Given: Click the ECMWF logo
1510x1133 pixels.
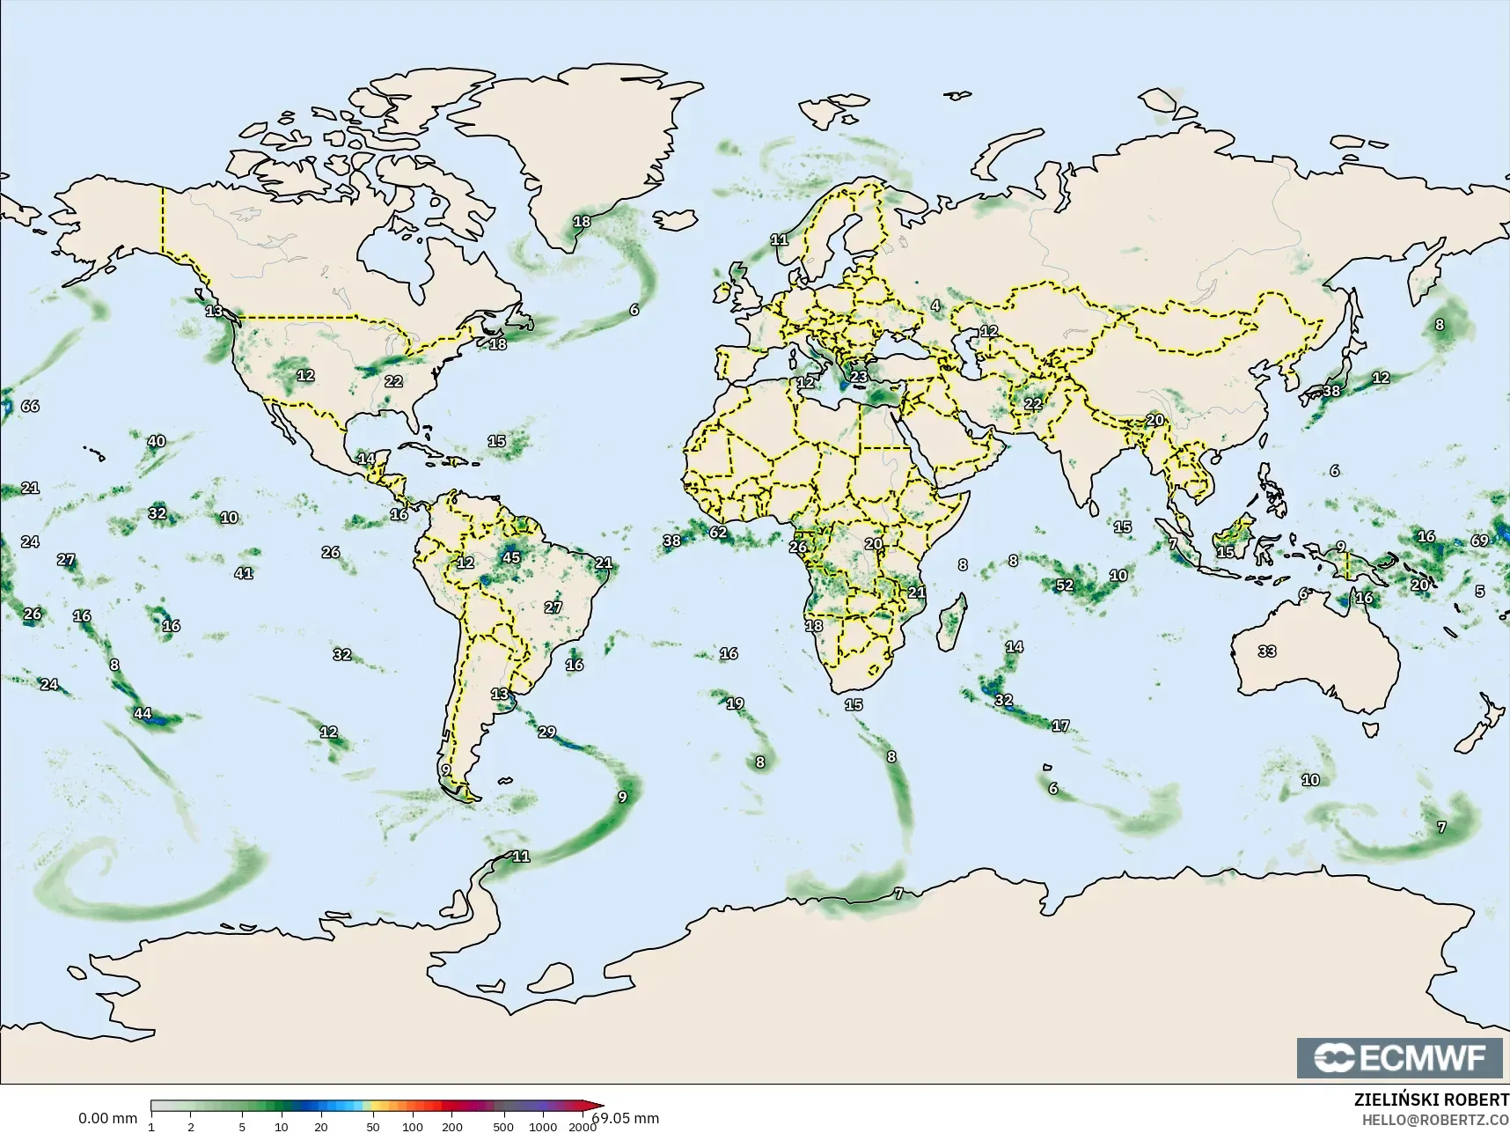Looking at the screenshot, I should click(x=1399, y=1057).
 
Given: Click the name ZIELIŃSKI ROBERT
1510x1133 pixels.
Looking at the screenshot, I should click(x=1431, y=1100).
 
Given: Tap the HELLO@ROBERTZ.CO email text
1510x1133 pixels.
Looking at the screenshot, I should click(x=1435, y=1121).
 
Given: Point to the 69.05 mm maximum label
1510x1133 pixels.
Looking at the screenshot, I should click(x=626, y=1118).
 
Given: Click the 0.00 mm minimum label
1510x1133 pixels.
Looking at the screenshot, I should click(x=107, y=1118).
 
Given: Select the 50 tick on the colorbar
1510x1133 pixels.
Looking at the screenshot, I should click(x=373, y=1126).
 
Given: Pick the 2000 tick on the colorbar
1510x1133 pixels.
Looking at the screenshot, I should click(x=582, y=1126).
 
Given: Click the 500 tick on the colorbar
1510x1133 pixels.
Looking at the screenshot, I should click(x=502, y=1126).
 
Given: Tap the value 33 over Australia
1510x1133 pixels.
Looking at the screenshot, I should click(x=1266, y=651).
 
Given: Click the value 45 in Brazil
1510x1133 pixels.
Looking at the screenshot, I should click(x=511, y=557).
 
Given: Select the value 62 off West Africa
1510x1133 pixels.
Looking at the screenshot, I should click(x=718, y=532).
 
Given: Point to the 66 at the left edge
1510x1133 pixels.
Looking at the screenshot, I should click(x=30, y=406).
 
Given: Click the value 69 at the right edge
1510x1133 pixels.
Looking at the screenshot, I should click(x=1479, y=541).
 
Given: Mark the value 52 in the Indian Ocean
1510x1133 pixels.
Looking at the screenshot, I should click(x=1064, y=585).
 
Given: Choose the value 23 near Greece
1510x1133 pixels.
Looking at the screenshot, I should click(x=859, y=377).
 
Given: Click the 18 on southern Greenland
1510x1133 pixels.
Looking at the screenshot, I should click(x=582, y=221).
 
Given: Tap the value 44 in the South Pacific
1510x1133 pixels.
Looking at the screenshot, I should click(x=143, y=713).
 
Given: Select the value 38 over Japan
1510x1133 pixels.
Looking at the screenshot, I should click(x=1331, y=391).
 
